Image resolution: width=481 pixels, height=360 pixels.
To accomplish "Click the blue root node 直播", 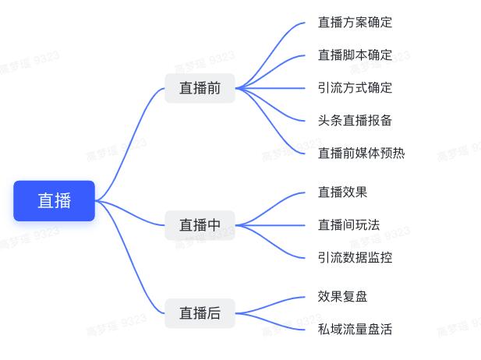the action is [x=55, y=201].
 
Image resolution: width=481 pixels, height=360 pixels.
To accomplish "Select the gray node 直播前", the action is [x=200, y=88].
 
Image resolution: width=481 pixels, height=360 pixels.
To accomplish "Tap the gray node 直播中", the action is [x=200, y=225].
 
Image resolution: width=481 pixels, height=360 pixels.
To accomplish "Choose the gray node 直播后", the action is [x=200, y=313].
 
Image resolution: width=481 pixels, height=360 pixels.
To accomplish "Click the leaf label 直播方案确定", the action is [x=355, y=23].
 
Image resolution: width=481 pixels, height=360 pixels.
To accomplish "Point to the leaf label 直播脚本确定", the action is [x=355, y=55].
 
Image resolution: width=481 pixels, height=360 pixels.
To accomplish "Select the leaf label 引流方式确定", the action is [x=355, y=88].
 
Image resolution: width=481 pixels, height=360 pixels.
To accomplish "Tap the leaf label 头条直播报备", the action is [x=355, y=121].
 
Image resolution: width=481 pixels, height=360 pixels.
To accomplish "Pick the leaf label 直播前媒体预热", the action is [x=362, y=153].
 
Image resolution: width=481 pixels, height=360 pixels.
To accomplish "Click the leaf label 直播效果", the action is [x=342, y=192].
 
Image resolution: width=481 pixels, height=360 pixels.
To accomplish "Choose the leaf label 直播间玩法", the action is [x=348, y=225].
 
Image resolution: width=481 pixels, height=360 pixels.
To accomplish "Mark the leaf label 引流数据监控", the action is [x=355, y=258].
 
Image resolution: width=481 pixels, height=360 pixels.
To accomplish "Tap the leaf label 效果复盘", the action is [x=342, y=297].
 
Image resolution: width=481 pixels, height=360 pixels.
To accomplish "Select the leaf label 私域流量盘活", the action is [x=355, y=330].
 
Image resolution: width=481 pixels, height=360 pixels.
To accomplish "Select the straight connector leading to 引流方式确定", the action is [x=270, y=88].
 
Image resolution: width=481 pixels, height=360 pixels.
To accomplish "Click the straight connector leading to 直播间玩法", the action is [x=270, y=225].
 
